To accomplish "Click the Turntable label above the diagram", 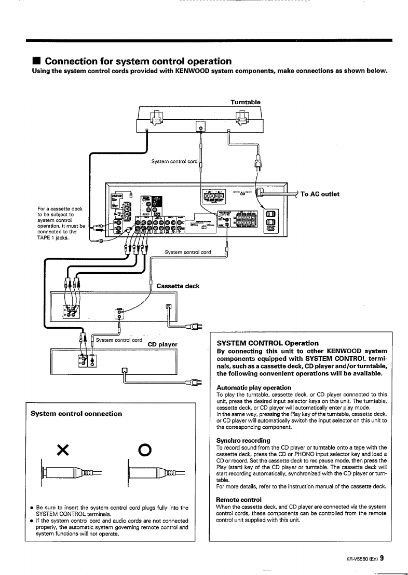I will (x=246, y=102).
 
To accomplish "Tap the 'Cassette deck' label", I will (x=178, y=286).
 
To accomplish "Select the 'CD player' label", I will (x=162, y=343).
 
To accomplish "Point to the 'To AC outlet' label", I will (x=320, y=194).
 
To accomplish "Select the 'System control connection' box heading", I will (x=76, y=414).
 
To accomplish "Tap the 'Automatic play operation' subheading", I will (x=254, y=387).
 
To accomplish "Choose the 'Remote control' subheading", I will (x=239, y=500).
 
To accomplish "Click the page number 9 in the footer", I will (x=382, y=558).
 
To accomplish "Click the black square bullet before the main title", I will (x=36, y=62).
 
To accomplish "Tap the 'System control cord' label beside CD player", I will (x=119, y=340).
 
